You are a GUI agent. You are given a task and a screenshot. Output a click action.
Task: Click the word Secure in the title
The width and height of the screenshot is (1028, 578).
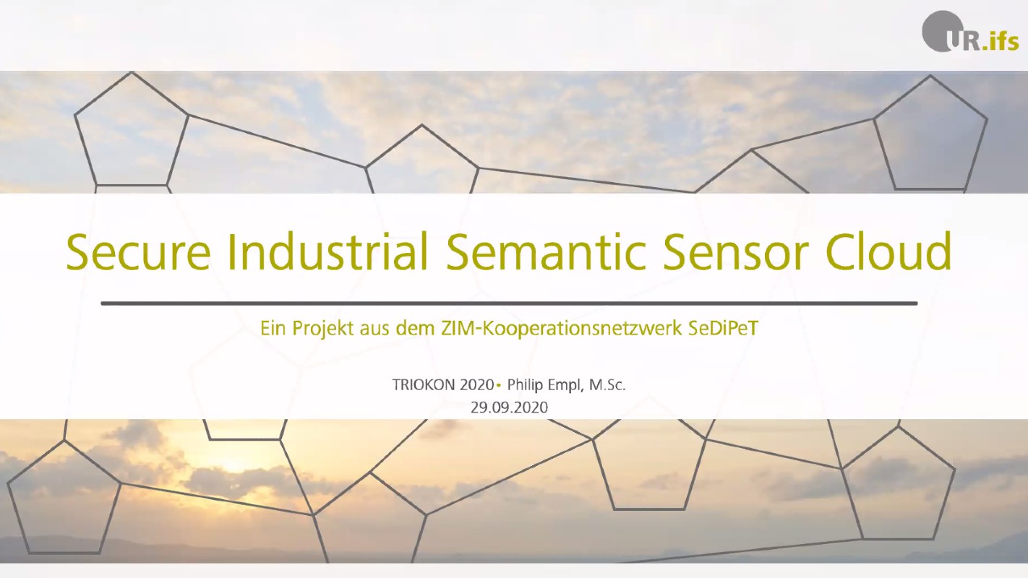(x=139, y=252)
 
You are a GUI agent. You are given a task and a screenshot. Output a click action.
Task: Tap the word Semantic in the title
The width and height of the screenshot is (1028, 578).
(x=547, y=251)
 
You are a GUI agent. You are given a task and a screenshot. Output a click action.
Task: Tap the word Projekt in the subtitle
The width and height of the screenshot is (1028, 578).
(x=323, y=329)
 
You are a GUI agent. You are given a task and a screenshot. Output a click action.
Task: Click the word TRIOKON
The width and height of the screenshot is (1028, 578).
(x=424, y=385)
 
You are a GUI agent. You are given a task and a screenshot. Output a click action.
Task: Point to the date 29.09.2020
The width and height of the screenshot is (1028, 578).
(x=509, y=407)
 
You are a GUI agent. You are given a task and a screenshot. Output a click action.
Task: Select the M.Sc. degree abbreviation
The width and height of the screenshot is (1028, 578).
(x=607, y=385)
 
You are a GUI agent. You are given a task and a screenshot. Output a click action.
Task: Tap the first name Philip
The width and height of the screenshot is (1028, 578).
(x=525, y=385)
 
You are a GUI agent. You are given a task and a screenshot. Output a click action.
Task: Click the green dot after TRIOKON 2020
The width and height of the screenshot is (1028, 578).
(x=498, y=385)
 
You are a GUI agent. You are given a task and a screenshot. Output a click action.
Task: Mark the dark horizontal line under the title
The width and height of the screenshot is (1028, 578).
(x=509, y=303)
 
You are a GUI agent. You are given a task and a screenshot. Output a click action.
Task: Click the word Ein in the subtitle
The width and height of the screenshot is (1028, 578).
(x=273, y=328)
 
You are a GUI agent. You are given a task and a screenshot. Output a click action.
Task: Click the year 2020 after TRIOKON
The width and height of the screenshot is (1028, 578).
(x=477, y=385)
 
